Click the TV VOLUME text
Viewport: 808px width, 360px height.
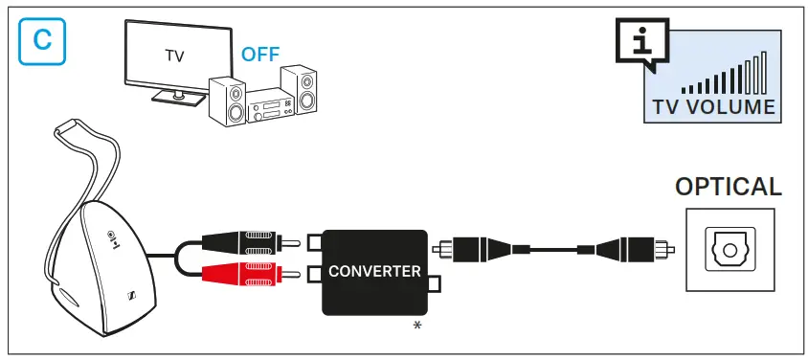[712, 106]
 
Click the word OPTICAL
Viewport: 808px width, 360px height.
[728, 187]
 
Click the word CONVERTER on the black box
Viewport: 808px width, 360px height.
[374, 271]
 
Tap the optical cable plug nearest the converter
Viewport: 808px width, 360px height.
[473, 248]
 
